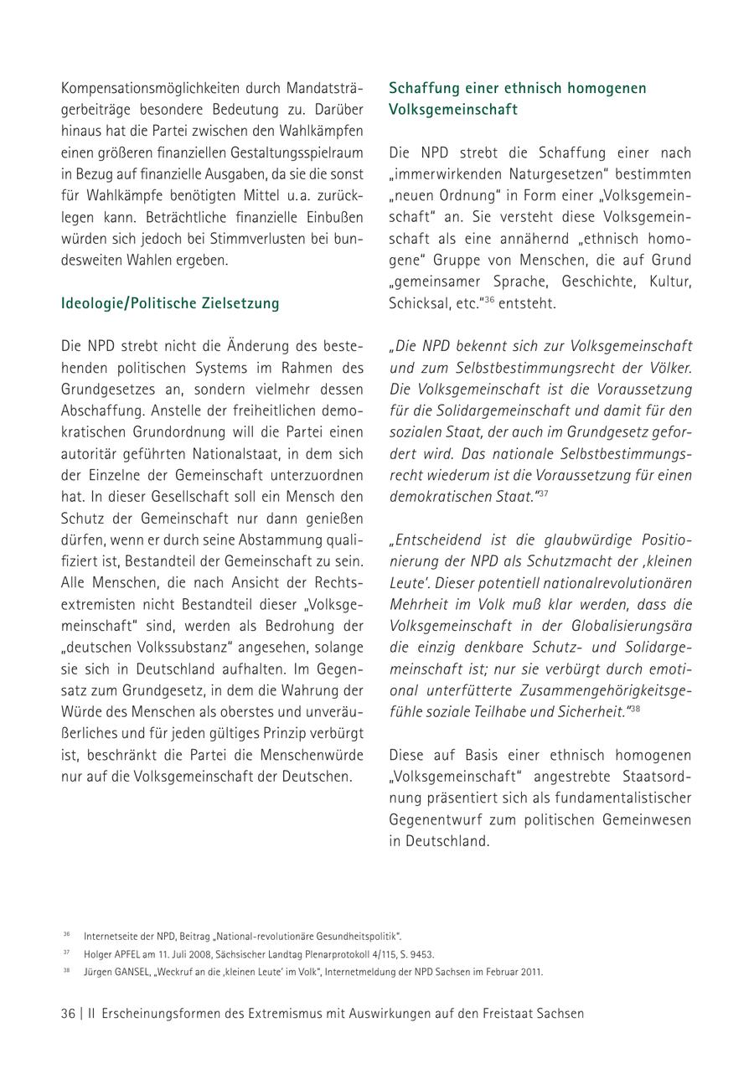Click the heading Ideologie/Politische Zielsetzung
(x=170, y=303)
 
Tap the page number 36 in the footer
(x=68, y=1013)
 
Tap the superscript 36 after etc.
(x=489, y=299)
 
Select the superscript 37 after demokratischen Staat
(x=543, y=493)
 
